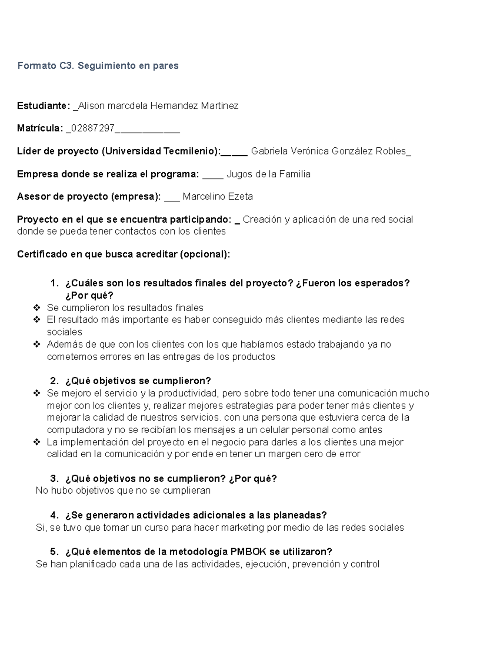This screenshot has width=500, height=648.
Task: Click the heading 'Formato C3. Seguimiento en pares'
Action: (x=97, y=66)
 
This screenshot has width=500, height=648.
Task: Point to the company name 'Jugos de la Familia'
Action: (x=268, y=174)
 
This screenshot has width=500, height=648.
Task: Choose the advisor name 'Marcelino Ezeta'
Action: (x=217, y=197)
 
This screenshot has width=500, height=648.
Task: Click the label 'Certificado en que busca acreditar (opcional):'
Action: (x=123, y=254)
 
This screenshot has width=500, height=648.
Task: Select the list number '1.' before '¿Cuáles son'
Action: (x=54, y=283)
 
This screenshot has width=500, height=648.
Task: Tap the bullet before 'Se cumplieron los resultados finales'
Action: (x=37, y=308)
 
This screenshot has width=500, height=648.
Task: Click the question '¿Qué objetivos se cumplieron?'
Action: (x=138, y=381)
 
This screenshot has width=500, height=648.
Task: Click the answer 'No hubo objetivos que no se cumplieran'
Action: (x=123, y=490)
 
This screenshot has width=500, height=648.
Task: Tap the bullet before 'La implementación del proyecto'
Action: (x=37, y=442)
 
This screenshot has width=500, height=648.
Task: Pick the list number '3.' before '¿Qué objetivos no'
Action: (x=54, y=479)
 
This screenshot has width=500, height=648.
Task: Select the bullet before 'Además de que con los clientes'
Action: (x=37, y=345)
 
